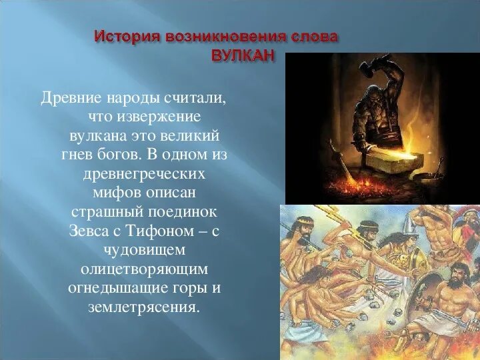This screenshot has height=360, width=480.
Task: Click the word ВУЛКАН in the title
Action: click(x=243, y=55)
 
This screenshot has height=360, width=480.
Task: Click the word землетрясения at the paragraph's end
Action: click(x=144, y=308)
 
